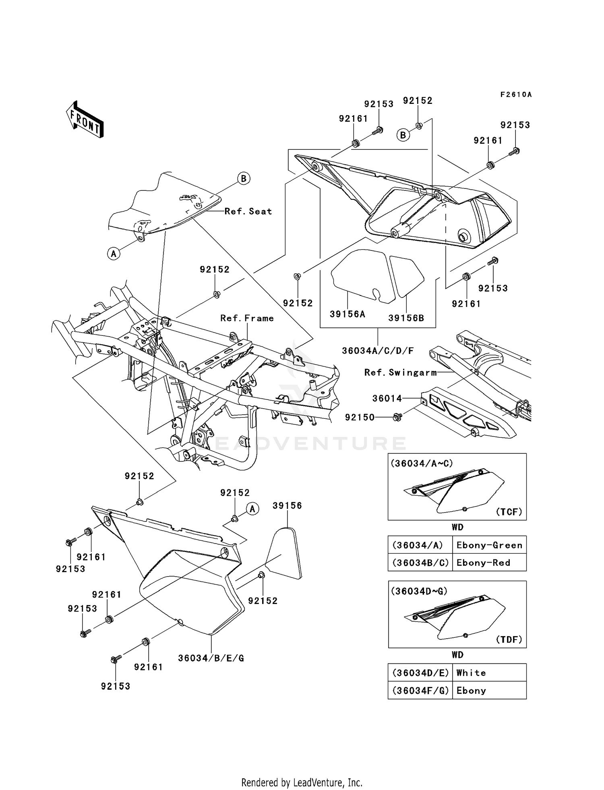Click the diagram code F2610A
[516, 95]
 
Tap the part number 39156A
[347, 314]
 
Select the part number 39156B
[406, 318]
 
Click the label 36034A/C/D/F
[378, 351]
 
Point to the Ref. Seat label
[248, 211]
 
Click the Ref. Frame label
[247, 318]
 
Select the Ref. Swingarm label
[400, 372]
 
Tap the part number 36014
[387, 399]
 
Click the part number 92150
[360, 418]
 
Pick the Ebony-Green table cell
[489, 545]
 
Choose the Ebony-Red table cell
[483, 563]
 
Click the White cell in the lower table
[471, 673]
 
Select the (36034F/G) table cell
[420, 691]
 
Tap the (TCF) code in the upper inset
[509, 512]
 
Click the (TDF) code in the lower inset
[509, 639]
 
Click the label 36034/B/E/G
[211, 658]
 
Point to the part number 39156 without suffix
[287, 506]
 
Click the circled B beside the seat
[244, 178]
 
